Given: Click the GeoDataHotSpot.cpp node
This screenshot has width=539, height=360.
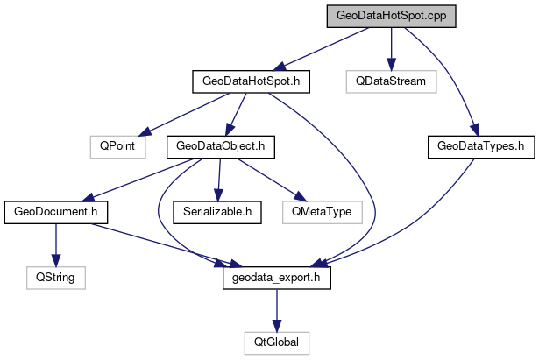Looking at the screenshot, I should pyautogui.click(x=391, y=17).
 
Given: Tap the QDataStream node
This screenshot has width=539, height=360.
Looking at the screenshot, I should pyautogui.click(x=390, y=81).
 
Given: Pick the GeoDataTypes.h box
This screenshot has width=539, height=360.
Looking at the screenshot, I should pyautogui.click(x=481, y=146).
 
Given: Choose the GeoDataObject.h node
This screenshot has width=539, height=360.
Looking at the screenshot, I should pyautogui.click(x=220, y=146).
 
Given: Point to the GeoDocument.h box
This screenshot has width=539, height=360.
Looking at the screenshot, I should pyautogui.click(x=56, y=211).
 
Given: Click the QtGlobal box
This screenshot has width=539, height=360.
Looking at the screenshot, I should pyautogui.click(x=276, y=341).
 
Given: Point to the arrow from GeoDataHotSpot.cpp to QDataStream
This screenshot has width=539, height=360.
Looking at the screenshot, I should pyautogui.click(x=391, y=49).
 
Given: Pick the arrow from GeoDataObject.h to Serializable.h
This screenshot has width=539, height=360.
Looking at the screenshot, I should pyautogui.click(x=218, y=179).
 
